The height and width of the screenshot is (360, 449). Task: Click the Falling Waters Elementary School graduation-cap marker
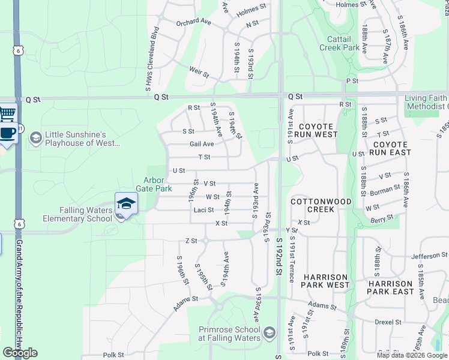[126, 203]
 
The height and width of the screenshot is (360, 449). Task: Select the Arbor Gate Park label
[157, 184]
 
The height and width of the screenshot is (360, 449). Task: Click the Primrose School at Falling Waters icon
[270, 332]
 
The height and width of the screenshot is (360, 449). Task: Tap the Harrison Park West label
[326, 281]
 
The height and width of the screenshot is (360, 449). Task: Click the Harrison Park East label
[391, 287]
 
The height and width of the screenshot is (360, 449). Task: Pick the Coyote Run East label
[391, 148]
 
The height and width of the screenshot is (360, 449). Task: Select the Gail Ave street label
[202, 144]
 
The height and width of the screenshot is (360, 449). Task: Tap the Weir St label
[199, 72]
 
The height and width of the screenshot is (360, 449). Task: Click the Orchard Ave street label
[193, 23]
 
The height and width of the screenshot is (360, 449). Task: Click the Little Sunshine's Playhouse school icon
[35, 139]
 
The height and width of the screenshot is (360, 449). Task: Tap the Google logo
[20, 353]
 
